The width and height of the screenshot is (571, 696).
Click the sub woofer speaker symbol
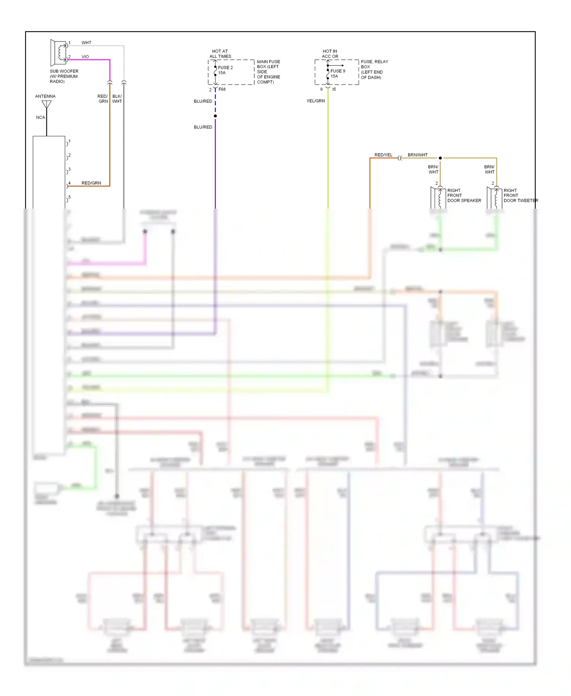59,53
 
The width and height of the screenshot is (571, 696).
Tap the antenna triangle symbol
46,104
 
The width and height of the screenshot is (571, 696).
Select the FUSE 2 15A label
225,70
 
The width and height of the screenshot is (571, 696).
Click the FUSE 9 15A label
338,73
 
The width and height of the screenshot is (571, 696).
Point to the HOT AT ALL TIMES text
220,54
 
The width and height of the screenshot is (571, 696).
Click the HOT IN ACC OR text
330,54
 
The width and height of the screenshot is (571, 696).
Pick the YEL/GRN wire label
316,101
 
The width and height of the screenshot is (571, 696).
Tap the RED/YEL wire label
383,155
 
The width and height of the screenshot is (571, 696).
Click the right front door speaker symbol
438,197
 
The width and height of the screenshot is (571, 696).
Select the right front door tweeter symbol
494,197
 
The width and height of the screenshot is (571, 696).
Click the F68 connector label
222,89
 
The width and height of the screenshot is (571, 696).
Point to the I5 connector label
334,89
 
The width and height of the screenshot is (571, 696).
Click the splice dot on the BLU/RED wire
215,116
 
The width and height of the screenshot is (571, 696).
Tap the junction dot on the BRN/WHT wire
440,158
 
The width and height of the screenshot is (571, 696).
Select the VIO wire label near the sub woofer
85,57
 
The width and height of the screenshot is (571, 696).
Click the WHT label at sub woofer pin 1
86,43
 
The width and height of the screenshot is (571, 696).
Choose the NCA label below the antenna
40,117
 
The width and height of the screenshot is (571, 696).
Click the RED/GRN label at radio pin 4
91,183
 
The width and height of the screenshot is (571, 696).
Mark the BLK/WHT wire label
117,99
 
